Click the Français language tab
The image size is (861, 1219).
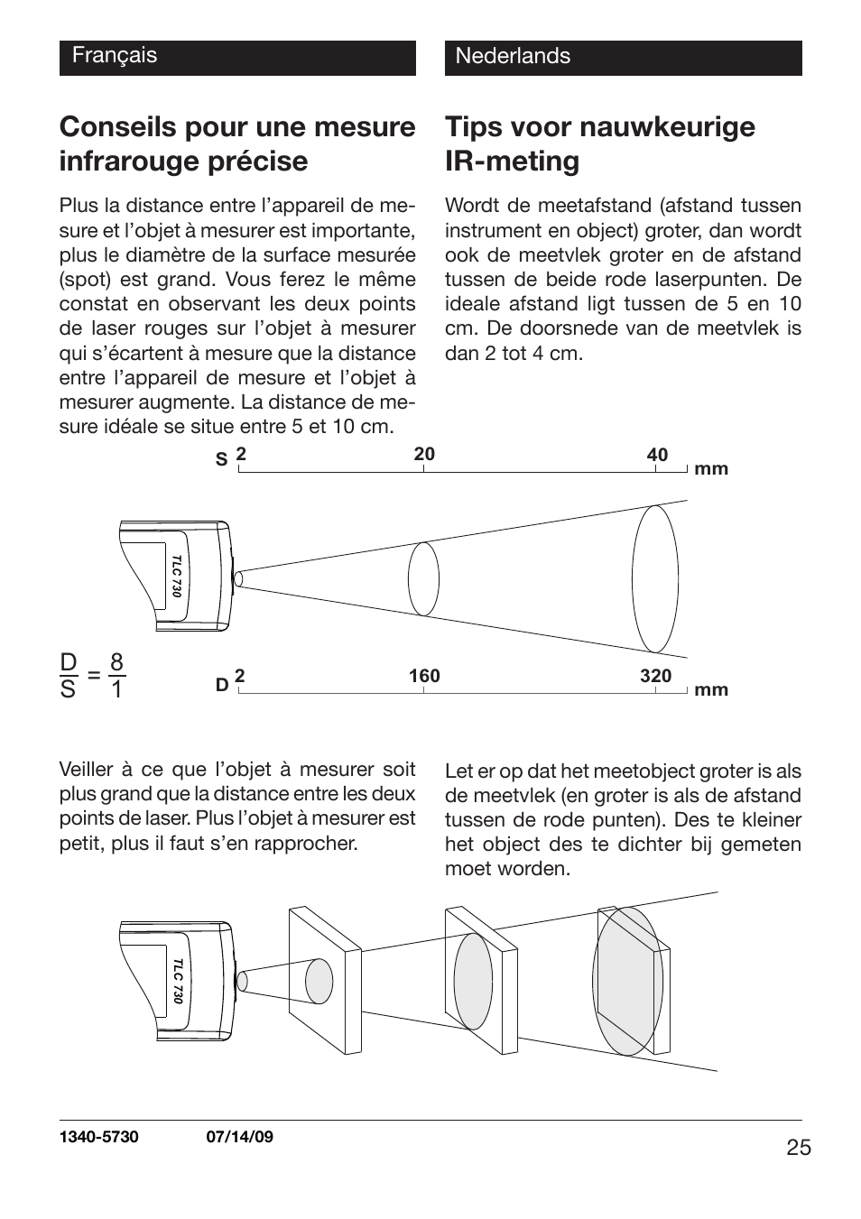point(115,56)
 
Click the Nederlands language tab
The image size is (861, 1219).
point(513,56)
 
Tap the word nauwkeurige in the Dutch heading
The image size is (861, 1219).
point(667,127)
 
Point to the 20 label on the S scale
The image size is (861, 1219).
point(424,454)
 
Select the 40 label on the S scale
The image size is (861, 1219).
point(657,455)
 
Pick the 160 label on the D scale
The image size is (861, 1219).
point(424,676)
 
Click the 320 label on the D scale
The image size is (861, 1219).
point(656,676)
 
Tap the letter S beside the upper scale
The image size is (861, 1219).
point(221,460)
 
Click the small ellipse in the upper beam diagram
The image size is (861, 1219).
point(423,579)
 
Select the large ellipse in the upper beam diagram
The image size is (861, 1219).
point(655,578)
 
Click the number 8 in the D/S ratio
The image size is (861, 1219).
point(116,663)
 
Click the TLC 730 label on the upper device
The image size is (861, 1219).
point(177,577)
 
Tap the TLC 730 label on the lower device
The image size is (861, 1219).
point(178,982)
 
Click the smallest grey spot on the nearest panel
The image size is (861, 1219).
point(319,981)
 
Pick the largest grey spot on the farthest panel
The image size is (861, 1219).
point(630,981)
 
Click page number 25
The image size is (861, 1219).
point(798,1148)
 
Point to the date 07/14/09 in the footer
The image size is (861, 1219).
point(235,1137)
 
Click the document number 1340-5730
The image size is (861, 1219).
point(99,1137)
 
